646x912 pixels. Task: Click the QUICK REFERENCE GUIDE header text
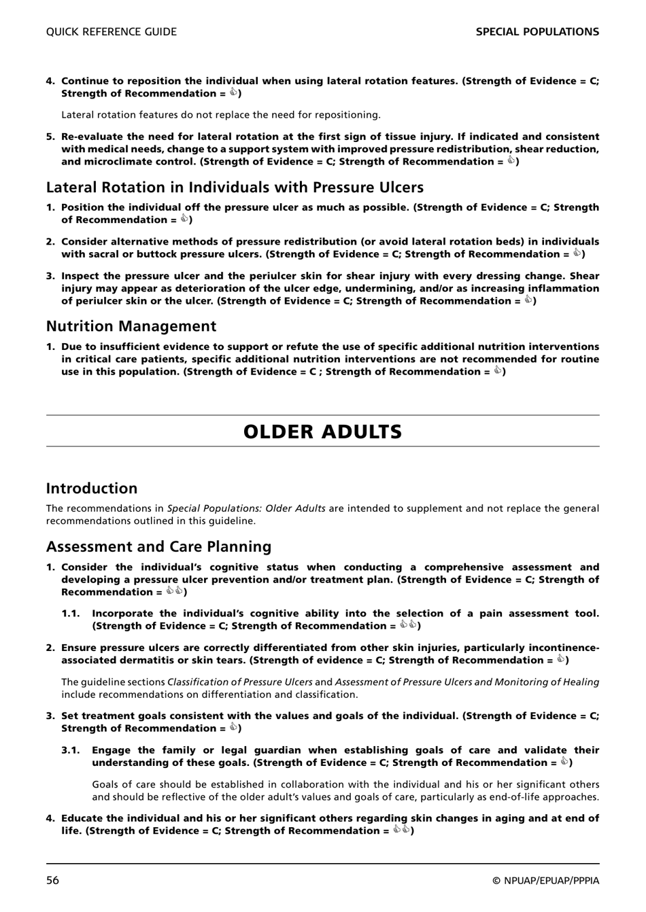(x=112, y=32)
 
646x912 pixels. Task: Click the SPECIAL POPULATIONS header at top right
(x=537, y=32)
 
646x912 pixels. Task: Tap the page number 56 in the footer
(x=53, y=881)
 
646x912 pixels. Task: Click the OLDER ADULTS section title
(x=322, y=432)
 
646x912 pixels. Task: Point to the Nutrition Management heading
(x=131, y=326)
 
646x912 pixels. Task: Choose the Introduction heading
(x=92, y=488)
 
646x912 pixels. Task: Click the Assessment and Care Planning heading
(x=158, y=546)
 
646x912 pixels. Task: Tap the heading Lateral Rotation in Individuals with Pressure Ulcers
(x=235, y=188)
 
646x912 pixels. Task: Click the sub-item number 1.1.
(x=71, y=614)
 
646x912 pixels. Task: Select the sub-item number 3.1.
(x=71, y=750)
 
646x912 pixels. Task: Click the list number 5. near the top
(x=50, y=137)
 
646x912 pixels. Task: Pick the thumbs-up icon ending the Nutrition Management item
(x=497, y=371)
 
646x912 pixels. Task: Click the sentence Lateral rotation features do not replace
(x=221, y=115)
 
